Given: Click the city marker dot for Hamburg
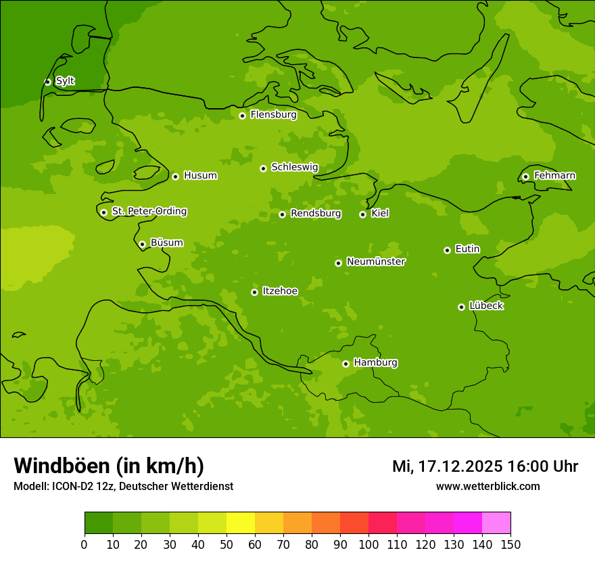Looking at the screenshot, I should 346,364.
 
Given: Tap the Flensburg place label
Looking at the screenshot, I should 273,115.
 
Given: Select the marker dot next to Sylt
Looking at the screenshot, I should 47,82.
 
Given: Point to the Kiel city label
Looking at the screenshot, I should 380,214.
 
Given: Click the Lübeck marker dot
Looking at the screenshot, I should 461,307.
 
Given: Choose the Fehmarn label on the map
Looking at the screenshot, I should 554,176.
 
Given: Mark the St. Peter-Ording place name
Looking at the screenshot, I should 149,212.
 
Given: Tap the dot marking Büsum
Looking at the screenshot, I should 142,244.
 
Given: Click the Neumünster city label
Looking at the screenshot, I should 376,262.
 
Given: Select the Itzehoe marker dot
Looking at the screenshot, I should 254,292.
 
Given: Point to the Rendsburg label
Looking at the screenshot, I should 316,214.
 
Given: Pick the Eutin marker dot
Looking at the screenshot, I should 447,250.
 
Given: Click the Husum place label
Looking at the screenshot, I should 200,176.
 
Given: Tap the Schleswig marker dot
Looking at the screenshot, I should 263,168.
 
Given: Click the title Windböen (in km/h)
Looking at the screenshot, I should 109,466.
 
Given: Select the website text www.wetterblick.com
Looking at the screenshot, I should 487,486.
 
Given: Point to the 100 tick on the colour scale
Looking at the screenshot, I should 368,545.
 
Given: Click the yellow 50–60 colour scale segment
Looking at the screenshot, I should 241,523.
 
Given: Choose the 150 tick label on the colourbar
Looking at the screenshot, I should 510,545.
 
